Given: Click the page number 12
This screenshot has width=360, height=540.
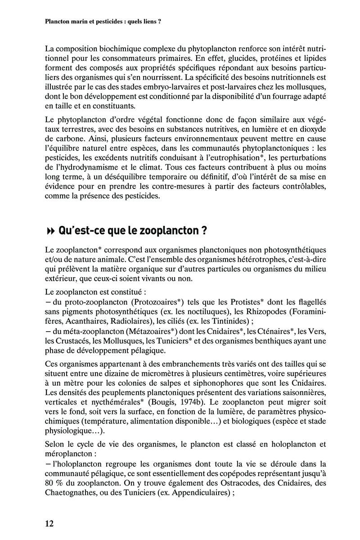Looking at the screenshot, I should [49, 523].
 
